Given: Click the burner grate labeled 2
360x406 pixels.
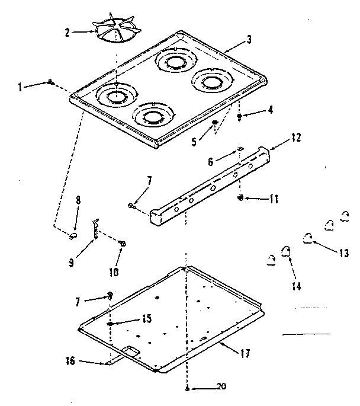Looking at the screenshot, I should pos(116,28).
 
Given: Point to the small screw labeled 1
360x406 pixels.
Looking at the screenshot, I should pos(52,82).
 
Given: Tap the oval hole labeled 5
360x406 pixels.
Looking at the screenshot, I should pos(214,123).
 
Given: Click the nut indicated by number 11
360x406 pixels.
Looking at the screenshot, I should pos(240,197).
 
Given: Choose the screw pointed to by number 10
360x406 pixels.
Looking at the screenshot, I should pos(123,243).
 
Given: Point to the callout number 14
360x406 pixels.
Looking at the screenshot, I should pos(296,286).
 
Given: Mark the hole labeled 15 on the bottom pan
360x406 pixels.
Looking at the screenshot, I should pos(110,324).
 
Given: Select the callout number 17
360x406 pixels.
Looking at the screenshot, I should pos(245,353).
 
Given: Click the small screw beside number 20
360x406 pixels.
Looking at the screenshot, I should pos(187,388).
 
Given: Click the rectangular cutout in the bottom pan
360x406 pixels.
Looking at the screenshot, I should pos(131,353).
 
